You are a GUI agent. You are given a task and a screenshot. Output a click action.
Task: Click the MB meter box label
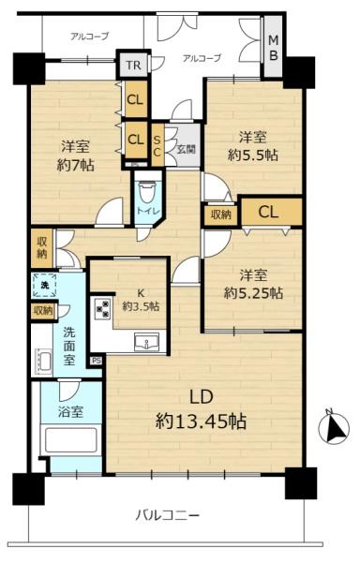pyautogui.click(x=273, y=48)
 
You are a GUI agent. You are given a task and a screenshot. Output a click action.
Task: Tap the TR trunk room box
pyautogui.click(x=133, y=66)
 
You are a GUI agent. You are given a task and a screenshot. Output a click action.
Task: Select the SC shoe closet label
pyautogui.click(x=157, y=145)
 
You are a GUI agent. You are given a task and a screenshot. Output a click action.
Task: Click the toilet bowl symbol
pyautogui.click(x=147, y=193)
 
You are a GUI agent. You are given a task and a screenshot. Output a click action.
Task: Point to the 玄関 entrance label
pyautogui.click(x=187, y=148)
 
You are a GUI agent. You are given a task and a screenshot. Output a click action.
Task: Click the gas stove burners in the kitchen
pyautogui.click(x=102, y=308)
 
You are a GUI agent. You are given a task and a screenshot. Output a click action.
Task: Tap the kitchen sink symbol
pyautogui.click(x=146, y=342)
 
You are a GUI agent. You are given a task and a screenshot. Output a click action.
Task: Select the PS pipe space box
pyautogui.click(x=97, y=361)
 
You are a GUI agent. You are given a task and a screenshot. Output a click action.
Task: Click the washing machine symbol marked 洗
pyautogui.click(x=44, y=286)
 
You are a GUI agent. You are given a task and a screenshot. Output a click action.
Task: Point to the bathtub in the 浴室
pyautogui.click(x=71, y=440)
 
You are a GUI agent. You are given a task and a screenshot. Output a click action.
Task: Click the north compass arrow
pyautogui.click(x=334, y=428)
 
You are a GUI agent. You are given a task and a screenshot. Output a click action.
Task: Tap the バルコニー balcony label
pyautogui.click(x=167, y=516)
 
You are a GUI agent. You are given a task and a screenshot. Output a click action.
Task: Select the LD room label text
pyautogui.click(x=202, y=397)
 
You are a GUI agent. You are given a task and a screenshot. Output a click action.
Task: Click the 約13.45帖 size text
pyautogui.click(x=201, y=421)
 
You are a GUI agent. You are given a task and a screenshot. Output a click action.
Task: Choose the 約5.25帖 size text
pyautogui.click(x=253, y=293)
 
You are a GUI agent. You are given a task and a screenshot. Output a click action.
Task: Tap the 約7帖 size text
pyautogui.click(x=76, y=165)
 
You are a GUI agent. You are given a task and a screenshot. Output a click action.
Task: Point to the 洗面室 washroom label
pyautogui.click(x=69, y=347)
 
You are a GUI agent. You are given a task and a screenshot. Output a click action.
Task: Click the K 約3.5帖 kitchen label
pyautogui.click(x=141, y=300)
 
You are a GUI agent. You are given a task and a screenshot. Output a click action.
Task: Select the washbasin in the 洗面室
pyautogui.click(x=44, y=362)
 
